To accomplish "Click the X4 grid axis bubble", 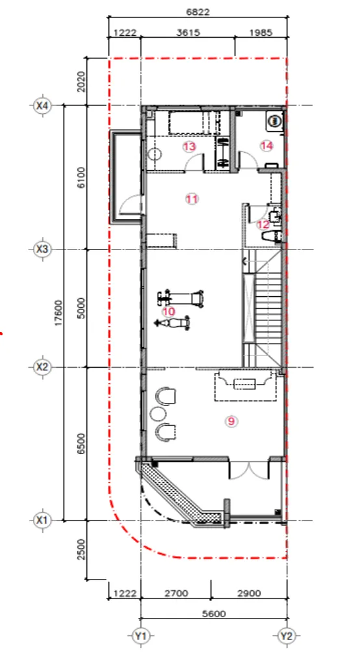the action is tap(42, 106).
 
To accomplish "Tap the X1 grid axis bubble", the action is tap(42, 520).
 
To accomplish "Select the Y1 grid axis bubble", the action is tap(140, 636).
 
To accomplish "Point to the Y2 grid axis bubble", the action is tap(286, 636).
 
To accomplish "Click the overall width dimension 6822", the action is tap(198, 12).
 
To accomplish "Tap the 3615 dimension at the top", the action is tap(188, 32).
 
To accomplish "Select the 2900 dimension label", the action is tap(249, 593).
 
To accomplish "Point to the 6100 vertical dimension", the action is tap(81, 177).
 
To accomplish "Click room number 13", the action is tap(189, 147).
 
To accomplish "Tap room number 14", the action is tap(266, 146).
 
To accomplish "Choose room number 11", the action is tap(192, 199).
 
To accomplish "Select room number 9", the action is tap(231, 421).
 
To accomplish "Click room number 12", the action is tap(263, 225).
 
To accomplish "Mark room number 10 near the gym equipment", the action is tap(169, 311).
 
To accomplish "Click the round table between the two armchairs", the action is tap(159, 414).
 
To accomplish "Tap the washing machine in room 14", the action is tap(274, 121).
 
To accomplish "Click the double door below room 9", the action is tap(249, 470).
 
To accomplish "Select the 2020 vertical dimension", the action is tap(81, 82).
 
